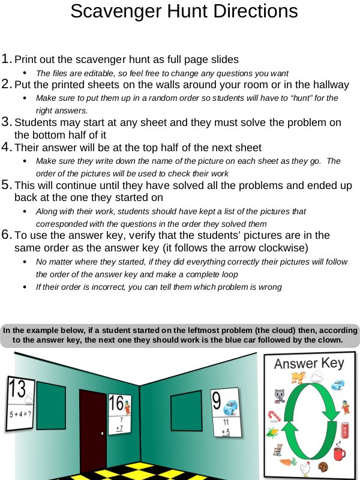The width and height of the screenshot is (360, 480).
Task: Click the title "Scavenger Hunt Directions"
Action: [x=184, y=11]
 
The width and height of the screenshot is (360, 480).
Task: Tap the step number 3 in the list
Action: [x=7, y=122]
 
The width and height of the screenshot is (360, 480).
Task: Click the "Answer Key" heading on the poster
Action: [x=309, y=364]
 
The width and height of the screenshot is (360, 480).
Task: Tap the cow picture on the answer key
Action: [x=295, y=377]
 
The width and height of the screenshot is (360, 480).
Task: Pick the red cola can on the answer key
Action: [x=345, y=430]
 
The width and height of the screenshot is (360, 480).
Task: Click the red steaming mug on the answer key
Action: [x=339, y=451]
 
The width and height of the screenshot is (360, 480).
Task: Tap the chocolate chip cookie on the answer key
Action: [x=323, y=466]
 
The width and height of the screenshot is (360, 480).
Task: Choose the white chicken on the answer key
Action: [x=305, y=467]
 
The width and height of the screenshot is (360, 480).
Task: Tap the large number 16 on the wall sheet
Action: [x=116, y=403]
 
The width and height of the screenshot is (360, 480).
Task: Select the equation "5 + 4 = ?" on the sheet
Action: [x=20, y=415]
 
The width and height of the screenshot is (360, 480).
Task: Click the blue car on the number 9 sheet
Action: [x=230, y=408]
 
